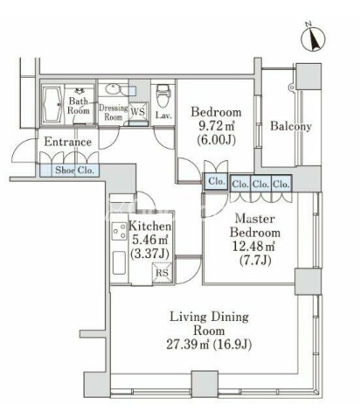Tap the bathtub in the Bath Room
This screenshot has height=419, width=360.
pyautogui.click(x=52, y=105)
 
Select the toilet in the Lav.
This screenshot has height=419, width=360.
pyautogui.click(x=161, y=96)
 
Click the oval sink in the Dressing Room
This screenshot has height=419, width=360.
pyautogui.click(x=113, y=88)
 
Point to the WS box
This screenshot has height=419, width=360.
pyautogui.click(x=138, y=111)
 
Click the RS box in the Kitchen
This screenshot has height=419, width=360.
pyautogui.click(x=162, y=273)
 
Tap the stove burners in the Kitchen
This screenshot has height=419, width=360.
pyautogui.click(x=120, y=231)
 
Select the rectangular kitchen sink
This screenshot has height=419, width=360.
pyautogui.click(x=119, y=262)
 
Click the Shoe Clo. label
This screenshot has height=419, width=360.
pyautogui.click(x=75, y=170)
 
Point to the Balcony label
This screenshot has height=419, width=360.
pyautogui.click(x=291, y=126)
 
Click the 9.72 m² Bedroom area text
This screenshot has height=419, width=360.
pyautogui.click(x=217, y=126)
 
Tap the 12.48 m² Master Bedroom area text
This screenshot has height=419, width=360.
pyautogui.click(x=253, y=247)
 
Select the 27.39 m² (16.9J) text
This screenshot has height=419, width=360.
pyautogui.click(x=209, y=345)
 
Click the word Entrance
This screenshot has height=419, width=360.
pyautogui.click(x=68, y=142)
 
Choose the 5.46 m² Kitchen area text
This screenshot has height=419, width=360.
pyautogui.click(x=150, y=240)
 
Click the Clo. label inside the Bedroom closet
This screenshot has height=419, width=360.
pyautogui.click(x=217, y=181)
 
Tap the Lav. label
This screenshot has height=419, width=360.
pyautogui.click(x=163, y=115)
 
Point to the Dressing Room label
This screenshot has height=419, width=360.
pyautogui.click(x=114, y=112)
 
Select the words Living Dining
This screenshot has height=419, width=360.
pyautogui.click(x=209, y=318)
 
